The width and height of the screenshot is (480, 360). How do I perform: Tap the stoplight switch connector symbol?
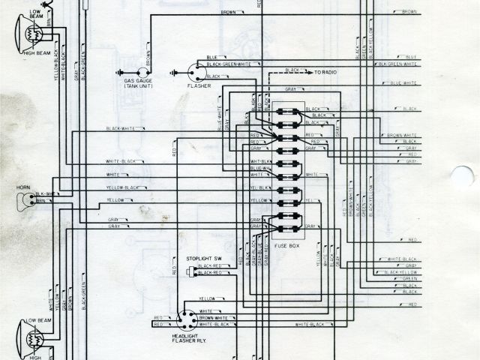tap(192, 270)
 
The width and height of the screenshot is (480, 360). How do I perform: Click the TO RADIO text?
tap(327, 72)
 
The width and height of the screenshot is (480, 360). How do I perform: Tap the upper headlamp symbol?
tap(28, 34)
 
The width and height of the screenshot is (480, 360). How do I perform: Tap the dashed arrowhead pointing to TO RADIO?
tap(310, 72)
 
